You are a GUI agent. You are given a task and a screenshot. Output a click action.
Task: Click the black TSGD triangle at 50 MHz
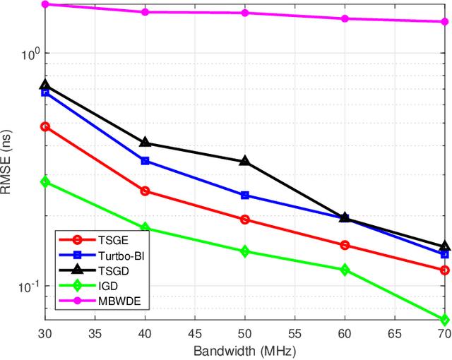click(245, 161)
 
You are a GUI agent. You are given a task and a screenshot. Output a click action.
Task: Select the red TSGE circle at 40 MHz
click(145, 191)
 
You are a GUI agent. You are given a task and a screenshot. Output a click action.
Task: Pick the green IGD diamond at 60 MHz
click(345, 270)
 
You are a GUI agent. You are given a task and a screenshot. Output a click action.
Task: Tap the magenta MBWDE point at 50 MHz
click(245, 13)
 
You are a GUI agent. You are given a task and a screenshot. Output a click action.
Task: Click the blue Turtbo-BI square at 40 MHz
click(145, 161)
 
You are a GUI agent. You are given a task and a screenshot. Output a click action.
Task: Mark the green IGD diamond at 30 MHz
click(45, 182)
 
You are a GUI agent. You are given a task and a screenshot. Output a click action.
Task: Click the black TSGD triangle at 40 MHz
click(145, 143)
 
